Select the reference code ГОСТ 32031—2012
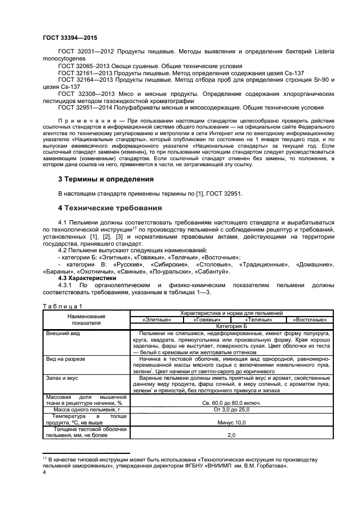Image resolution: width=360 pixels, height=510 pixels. tap(86, 51)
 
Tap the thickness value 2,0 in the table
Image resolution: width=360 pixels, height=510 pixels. tap(231, 435)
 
